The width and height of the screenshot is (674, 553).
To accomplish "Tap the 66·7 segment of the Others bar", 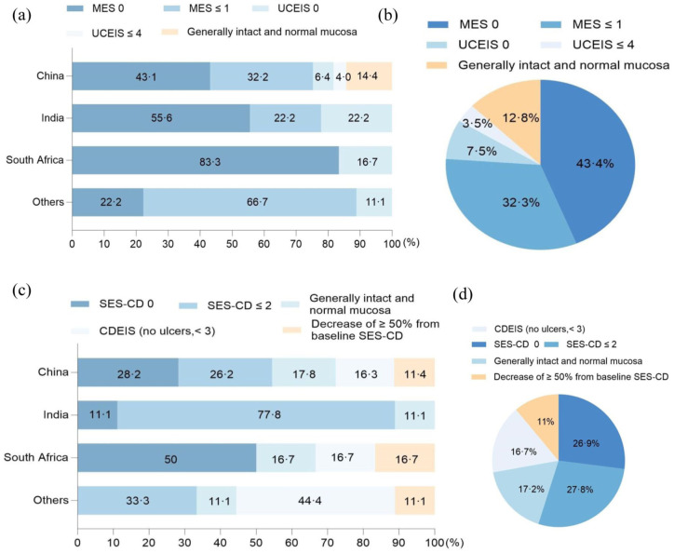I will tap(251, 202).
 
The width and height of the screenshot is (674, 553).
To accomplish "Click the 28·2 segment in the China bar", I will tap(128, 372).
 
